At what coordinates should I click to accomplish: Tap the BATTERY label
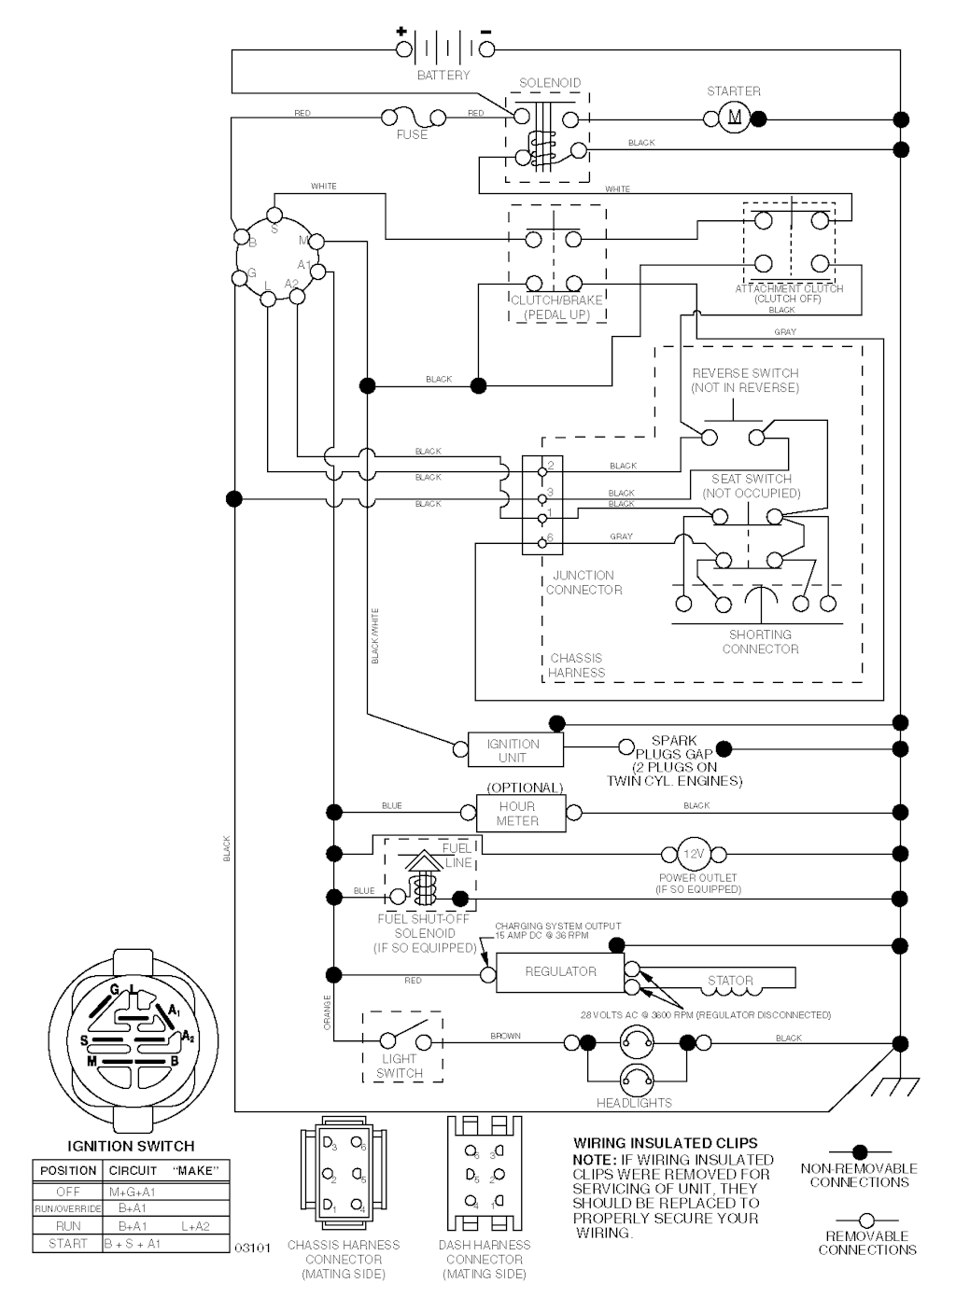[443, 75]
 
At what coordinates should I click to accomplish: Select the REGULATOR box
[560, 971]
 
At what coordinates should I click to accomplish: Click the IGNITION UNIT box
[513, 750]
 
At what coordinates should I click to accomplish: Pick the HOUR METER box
[517, 813]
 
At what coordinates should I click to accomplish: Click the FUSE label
[412, 134]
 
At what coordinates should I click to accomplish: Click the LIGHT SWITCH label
[400, 1066]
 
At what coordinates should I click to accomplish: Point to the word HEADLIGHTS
[634, 1103]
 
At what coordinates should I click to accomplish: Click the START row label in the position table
[68, 1243]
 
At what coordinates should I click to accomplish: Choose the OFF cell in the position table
[68, 1192]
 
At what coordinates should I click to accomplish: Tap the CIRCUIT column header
[133, 1170]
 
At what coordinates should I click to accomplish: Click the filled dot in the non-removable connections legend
[860, 1153]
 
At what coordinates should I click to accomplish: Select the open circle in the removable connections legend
[865, 1220]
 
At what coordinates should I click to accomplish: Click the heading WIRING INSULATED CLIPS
[665, 1143]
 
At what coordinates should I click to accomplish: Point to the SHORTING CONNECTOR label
[760, 642]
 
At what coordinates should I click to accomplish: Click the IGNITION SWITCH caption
[131, 1146]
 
